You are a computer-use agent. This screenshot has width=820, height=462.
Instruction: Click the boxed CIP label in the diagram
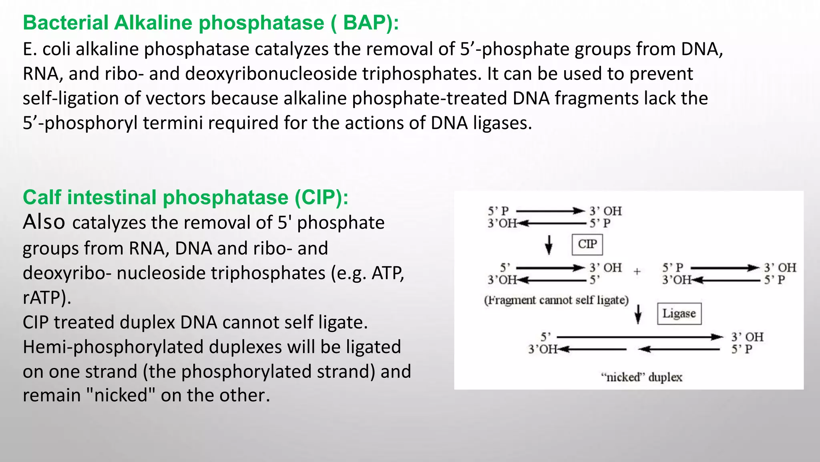tap(587, 244)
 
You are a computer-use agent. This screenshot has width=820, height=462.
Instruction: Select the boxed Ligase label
tap(679, 314)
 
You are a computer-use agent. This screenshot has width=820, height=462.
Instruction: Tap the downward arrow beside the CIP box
tap(549, 245)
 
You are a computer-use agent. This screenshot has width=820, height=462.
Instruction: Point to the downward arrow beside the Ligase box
tap(638, 314)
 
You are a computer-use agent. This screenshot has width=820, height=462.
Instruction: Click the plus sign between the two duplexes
tap(637, 272)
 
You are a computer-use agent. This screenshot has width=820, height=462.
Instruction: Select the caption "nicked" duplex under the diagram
tap(641, 377)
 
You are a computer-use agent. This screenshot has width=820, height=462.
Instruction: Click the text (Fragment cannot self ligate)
tap(556, 300)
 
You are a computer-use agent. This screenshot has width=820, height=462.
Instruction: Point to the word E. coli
tap(46, 49)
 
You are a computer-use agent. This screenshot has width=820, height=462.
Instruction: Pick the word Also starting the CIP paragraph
tap(44, 222)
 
